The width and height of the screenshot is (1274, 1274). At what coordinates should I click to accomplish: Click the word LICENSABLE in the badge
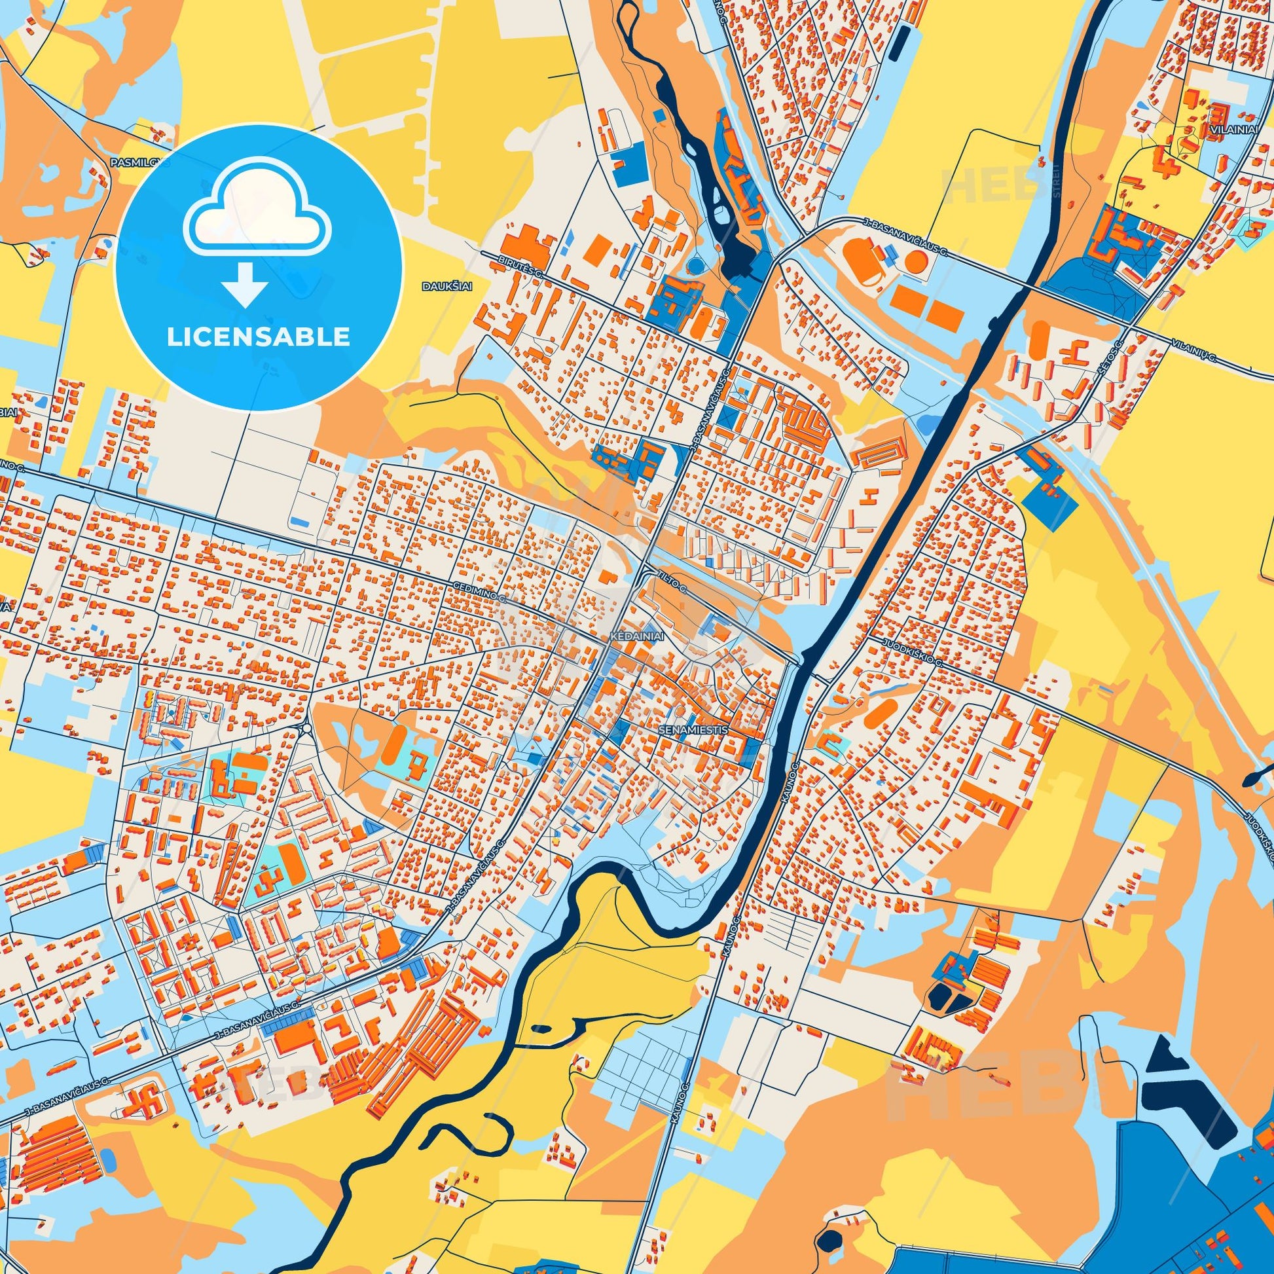coord(258,337)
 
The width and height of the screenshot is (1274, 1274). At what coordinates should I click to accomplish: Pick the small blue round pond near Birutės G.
coord(696,266)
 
